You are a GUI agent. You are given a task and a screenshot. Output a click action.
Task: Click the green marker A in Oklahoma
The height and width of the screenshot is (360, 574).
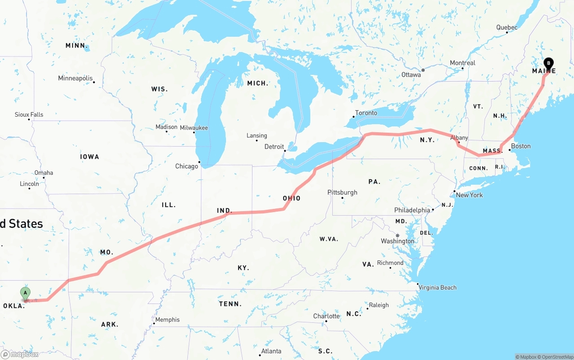pyautogui.click(x=26, y=294)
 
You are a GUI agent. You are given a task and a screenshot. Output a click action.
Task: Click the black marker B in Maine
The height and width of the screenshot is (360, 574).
pyautogui.click(x=548, y=64)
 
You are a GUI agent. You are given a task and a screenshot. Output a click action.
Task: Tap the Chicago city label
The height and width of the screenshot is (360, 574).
pyautogui.click(x=187, y=166)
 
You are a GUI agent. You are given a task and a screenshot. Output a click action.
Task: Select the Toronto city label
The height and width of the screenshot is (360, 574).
pyautogui.click(x=366, y=113)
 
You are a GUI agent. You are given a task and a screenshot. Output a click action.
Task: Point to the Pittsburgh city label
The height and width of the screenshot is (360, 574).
pyautogui.click(x=342, y=192)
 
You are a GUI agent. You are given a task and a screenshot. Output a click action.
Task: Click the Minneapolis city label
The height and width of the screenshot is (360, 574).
pyautogui.click(x=75, y=78)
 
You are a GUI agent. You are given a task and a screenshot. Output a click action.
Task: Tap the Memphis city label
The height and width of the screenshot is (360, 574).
pyautogui.click(x=168, y=320)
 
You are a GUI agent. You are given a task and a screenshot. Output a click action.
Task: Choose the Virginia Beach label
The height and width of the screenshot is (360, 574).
pyautogui.click(x=437, y=287)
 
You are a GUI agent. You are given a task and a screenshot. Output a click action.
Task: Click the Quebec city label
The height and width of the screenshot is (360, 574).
pyautogui.click(x=507, y=27)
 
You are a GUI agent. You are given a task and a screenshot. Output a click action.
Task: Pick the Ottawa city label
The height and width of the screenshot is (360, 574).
pyautogui.click(x=411, y=75)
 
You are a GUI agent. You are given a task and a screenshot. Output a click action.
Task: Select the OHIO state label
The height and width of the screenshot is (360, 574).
pyautogui.click(x=291, y=198)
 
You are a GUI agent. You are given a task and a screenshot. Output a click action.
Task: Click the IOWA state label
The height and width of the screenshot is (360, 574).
pyautogui.click(x=90, y=156)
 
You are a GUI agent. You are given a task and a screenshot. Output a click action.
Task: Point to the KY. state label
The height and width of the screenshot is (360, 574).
pyautogui.click(x=243, y=268)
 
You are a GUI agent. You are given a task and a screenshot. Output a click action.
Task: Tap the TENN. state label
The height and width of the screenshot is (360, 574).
pyautogui.click(x=230, y=304)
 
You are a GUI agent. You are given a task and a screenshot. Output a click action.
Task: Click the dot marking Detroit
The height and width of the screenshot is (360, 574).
pyautogui.click(x=285, y=151)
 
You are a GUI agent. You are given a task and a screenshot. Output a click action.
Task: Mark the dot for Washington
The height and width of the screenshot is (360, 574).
pyautogui.click(x=397, y=235)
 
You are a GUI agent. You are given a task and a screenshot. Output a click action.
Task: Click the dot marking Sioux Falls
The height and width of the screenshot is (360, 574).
pyautogui.click(x=29, y=119)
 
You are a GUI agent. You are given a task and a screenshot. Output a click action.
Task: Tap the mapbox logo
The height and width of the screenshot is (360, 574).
pyautogui.click(x=20, y=354)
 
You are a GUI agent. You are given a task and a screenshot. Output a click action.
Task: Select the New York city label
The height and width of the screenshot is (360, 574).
pyautogui.click(x=469, y=195)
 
